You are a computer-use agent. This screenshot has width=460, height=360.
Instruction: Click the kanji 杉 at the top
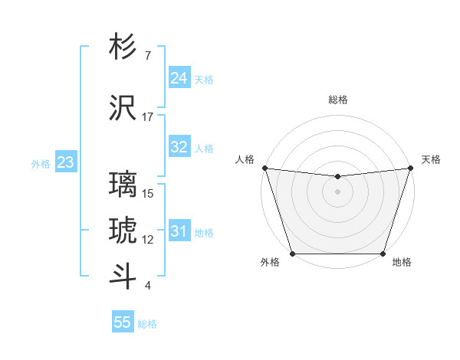(x=123, y=47)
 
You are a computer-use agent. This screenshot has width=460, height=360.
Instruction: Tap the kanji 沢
(x=123, y=107)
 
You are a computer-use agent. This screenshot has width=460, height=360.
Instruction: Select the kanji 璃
(x=123, y=185)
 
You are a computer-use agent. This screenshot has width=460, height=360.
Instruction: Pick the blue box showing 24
(x=179, y=77)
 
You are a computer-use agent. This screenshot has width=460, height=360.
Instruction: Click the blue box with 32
(x=179, y=147)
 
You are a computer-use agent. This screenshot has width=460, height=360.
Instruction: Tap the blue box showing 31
(x=179, y=231)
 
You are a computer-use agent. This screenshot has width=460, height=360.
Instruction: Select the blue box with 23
(x=65, y=162)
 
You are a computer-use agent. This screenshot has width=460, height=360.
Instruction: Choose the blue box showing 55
(x=123, y=322)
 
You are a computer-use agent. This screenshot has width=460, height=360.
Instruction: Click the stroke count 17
(x=148, y=117)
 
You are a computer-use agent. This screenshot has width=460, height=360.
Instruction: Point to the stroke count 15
(x=148, y=194)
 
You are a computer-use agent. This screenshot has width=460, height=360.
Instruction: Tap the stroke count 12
(x=148, y=240)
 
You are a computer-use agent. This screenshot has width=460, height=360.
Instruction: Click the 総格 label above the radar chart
(x=337, y=100)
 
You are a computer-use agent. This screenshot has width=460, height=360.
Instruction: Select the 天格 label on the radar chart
(x=431, y=159)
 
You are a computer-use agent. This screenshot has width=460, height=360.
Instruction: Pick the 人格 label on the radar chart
(x=245, y=159)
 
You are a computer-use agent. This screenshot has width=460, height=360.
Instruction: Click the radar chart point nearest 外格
(x=292, y=254)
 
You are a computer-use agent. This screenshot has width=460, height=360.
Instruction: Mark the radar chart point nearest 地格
(x=383, y=254)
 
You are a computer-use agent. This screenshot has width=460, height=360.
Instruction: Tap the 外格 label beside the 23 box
(x=40, y=163)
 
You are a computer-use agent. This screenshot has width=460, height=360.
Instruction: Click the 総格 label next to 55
(x=147, y=324)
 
